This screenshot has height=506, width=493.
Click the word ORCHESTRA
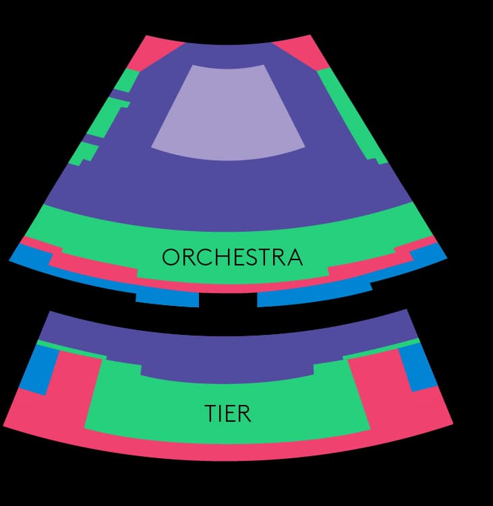(x=232, y=257)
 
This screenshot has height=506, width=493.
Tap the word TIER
(x=228, y=414)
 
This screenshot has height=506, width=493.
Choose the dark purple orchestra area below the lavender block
(x=229, y=185)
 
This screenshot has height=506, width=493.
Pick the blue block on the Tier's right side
(x=419, y=367)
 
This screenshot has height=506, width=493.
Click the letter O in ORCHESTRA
(x=171, y=257)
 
